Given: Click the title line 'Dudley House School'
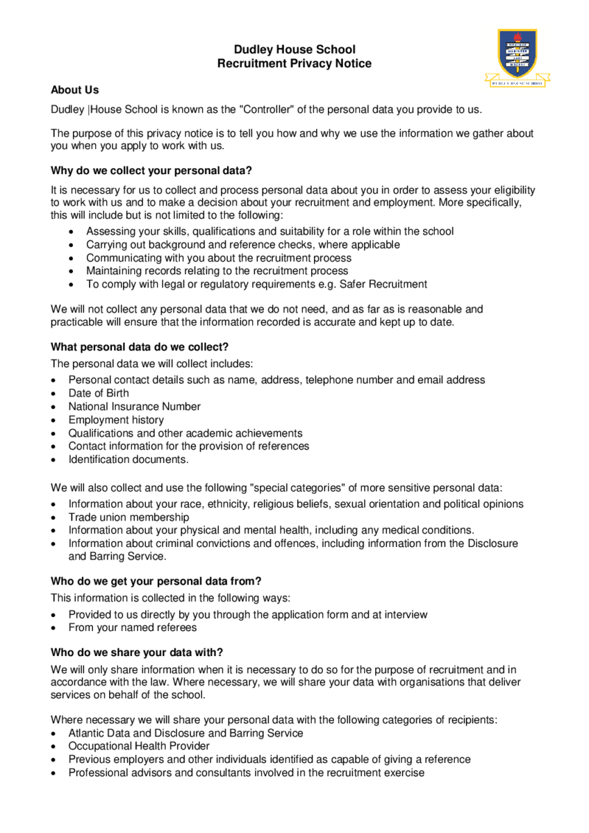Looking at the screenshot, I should click(294, 50).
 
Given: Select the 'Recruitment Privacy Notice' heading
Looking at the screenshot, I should click(294, 64).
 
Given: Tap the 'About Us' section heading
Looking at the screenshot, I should click(75, 90).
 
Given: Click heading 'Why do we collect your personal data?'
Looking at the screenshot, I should click(151, 171).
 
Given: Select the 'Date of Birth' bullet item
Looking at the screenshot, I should click(99, 394).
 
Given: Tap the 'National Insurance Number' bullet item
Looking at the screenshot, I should click(134, 407).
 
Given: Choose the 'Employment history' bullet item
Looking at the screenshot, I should click(116, 420).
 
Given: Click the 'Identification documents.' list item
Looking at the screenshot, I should click(128, 460).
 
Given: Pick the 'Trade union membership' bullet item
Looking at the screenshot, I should click(128, 517).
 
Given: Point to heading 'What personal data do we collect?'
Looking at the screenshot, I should click(140, 346).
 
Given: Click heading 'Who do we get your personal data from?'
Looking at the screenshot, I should click(156, 582).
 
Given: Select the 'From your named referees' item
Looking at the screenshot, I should click(133, 628).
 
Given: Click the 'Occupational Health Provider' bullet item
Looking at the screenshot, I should click(139, 746).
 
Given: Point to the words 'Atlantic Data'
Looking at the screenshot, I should click(98, 733).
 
